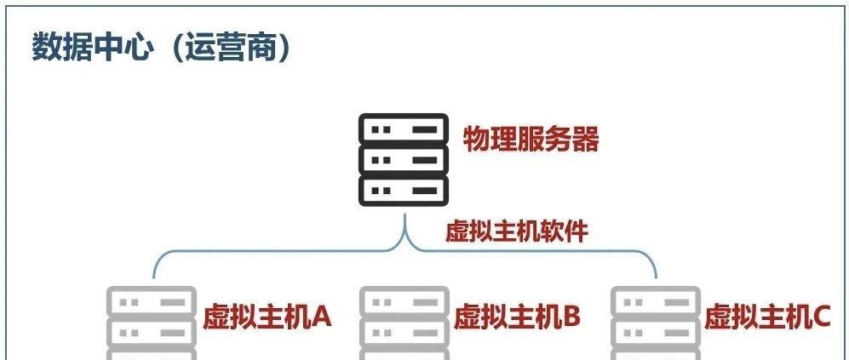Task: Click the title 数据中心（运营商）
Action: [162, 49]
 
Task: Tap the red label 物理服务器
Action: [531, 139]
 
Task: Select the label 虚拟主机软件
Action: [517, 231]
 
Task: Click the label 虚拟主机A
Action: [267, 317]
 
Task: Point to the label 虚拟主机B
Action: [517, 317]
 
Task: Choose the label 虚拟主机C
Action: [767, 317]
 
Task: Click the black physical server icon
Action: [404, 160]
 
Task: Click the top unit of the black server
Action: [404, 129]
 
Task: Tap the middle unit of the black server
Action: [404, 160]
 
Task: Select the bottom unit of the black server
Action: [404, 190]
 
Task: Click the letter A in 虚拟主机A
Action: [321, 317]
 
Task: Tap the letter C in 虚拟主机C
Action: [821, 317]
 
